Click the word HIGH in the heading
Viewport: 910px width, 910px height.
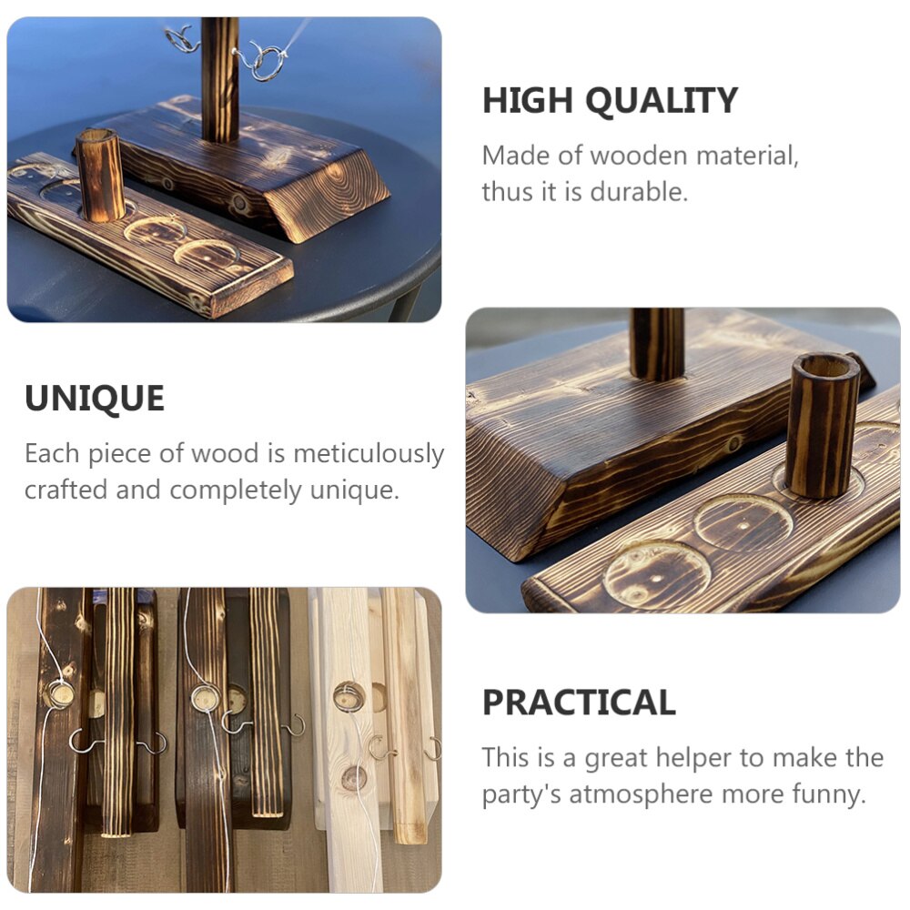pyautogui.click(x=527, y=100)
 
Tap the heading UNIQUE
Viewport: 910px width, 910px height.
pyautogui.click(x=95, y=399)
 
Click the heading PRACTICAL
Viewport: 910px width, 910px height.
pyautogui.click(x=579, y=703)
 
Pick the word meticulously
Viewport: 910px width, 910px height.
pyautogui.click(x=369, y=453)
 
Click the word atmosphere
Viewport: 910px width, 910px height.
pyautogui.click(x=641, y=794)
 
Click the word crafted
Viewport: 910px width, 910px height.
pyautogui.click(x=66, y=490)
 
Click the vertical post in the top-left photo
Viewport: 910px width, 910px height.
pyautogui.click(x=219, y=79)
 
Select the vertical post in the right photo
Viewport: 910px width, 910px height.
pyautogui.click(x=657, y=344)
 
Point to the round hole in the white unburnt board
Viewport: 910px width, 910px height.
pyautogui.click(x=349, y=696)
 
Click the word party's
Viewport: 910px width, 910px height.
pyautogui.click(x=521, y=794)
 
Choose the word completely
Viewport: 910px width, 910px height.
pyautogui.click(x=236, y=490)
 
